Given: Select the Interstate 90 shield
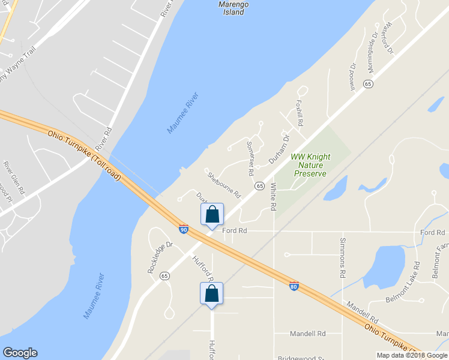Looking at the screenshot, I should coord(183,229).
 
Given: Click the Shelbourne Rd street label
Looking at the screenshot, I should coord(224,186).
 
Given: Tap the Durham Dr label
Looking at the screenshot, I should coord(279,149).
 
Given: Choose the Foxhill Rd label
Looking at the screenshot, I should coord(298,113).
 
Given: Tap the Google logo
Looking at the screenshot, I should coord(20,353).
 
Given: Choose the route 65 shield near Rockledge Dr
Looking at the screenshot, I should coord(164,275).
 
